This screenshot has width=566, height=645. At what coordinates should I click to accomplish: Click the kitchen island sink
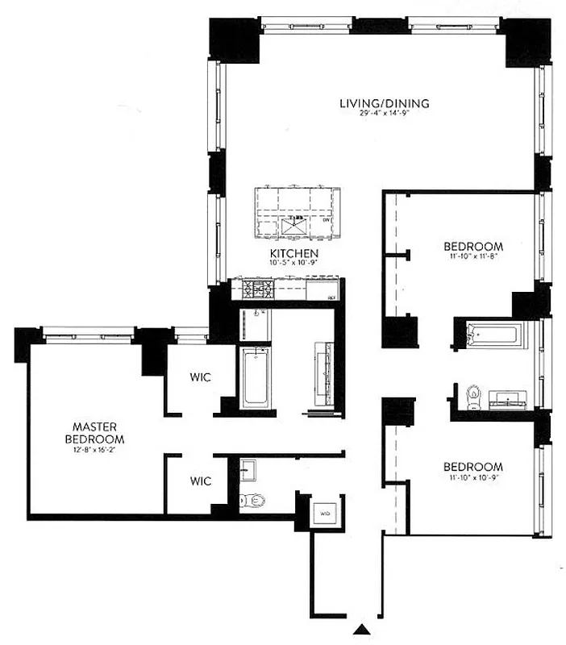(x=293, y=227)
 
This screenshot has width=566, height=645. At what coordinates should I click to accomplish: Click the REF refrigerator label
(x=331, y=298)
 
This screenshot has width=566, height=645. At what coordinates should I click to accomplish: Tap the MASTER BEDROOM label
(x=98, y=432)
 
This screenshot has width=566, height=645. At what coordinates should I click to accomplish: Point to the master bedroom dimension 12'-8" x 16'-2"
(x=98, y=450)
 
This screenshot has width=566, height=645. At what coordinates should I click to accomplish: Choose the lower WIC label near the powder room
(x=201, y=481)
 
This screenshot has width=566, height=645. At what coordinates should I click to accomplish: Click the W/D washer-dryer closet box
(x=326, y=512)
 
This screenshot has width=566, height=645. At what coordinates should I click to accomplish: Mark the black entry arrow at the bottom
(x=364, y=629)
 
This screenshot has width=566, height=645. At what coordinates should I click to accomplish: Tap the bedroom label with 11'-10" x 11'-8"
(x=474, y=246)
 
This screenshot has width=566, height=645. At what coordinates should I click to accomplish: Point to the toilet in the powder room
(x=253, y=501)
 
